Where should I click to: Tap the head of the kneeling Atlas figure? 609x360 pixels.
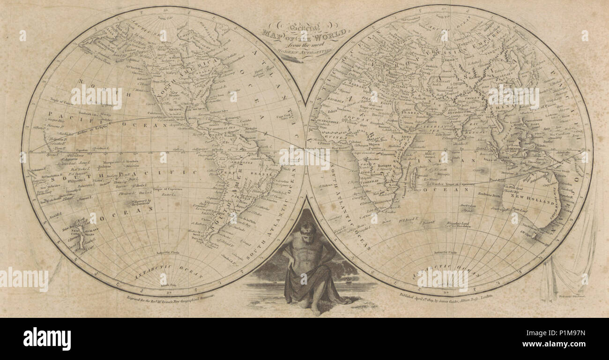307,229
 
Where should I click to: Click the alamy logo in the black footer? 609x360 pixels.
47,338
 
